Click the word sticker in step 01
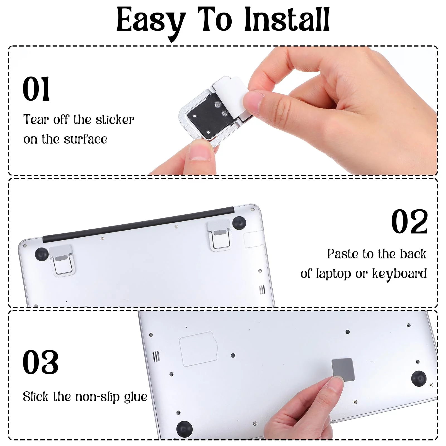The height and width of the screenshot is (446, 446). click(x=115, y=120)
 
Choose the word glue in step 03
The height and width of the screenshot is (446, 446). click(x=135, y=397)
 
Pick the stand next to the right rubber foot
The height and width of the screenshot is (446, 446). click(x=219, y=236)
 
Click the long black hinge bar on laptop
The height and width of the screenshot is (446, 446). click(x=138, y=224)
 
